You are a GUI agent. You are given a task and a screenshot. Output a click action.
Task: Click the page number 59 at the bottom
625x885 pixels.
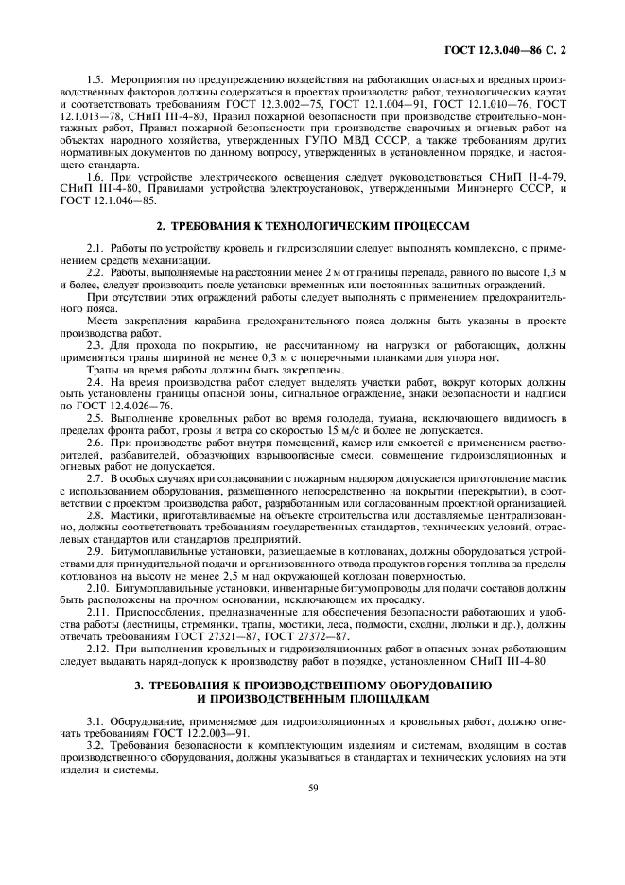312,785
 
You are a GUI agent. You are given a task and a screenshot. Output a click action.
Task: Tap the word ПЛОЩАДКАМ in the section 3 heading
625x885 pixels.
367,699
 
